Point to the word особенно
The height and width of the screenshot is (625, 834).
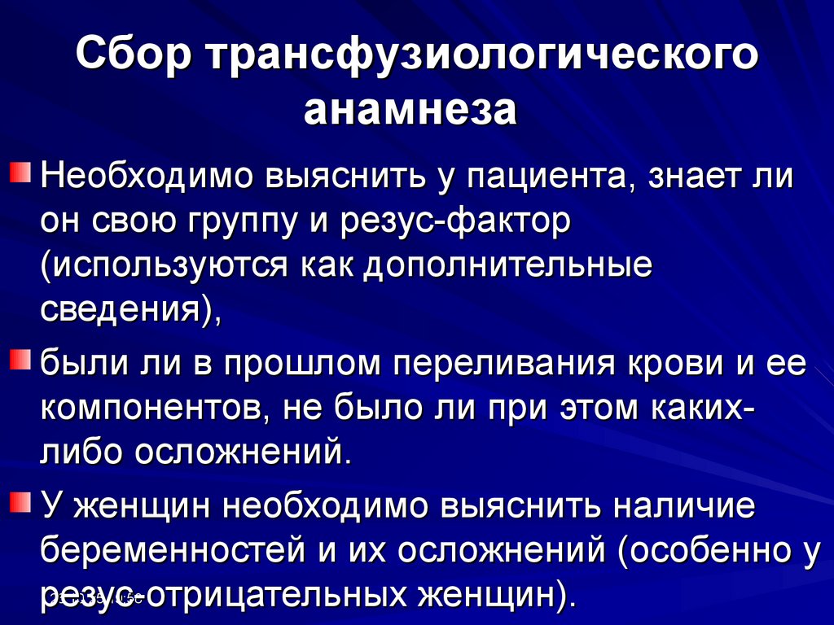(x=700, y=552)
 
